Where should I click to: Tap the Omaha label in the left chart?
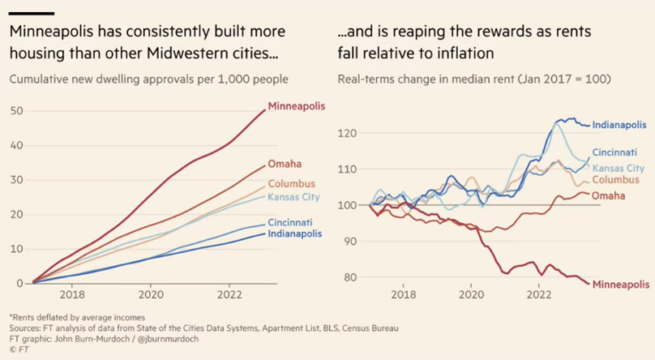(284, 164)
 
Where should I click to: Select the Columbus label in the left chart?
(292, 184)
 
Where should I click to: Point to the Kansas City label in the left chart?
(295, 197)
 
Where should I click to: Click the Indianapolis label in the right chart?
(619, 125)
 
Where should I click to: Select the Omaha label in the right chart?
(608, 195)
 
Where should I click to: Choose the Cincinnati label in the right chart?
(616, 153)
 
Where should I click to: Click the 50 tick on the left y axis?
(16, 111)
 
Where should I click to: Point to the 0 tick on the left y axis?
(19, 283)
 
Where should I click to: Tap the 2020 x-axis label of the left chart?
(151, 295)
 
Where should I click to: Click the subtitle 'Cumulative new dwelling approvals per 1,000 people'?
(148, 79)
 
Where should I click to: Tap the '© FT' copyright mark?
(18, 349)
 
